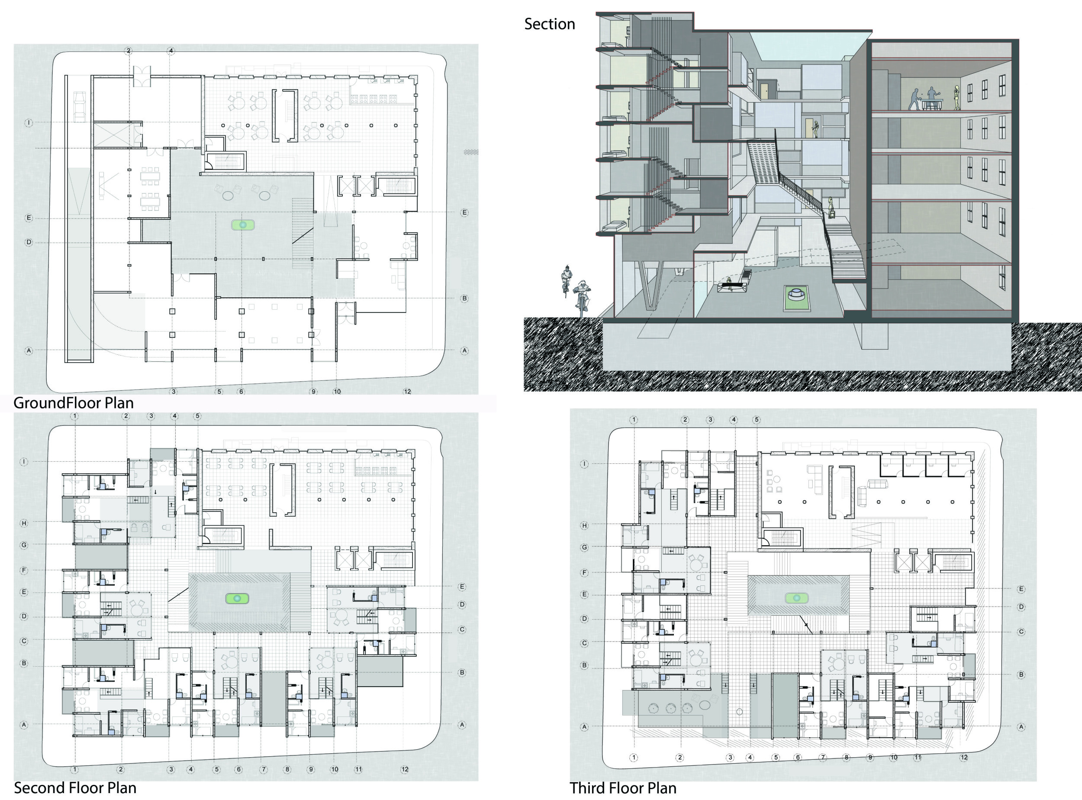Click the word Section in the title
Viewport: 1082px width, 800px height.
coord(549,24)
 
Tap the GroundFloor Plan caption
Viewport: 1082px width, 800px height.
coord(73,402)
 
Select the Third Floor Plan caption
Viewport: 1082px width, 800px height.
coord(623,788)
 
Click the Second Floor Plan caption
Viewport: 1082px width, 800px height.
coord(75,788)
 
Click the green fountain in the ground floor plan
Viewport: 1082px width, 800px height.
coord(243,225)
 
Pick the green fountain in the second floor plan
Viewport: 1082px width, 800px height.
coord(237,598)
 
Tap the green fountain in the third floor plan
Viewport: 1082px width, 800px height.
coord(797,598)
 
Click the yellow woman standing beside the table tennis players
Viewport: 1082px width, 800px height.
coord(957,98)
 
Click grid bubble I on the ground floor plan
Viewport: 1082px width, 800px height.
coord(29,123)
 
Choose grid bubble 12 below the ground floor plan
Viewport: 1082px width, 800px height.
coord(407,391)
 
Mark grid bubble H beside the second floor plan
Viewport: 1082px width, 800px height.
coord(24,523)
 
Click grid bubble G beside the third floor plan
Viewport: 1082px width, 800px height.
coord(584,547)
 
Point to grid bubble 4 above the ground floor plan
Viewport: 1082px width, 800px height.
coord(171,50)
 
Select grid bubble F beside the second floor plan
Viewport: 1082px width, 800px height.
coord(24,570)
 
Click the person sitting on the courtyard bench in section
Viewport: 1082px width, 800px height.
coord(729,283)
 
